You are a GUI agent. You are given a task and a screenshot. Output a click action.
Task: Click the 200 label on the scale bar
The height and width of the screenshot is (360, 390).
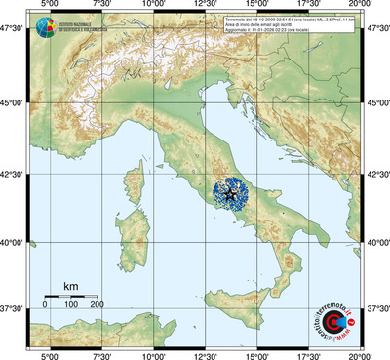(97, 305)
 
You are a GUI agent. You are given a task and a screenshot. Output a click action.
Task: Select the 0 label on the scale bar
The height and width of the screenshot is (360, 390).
(45, 305)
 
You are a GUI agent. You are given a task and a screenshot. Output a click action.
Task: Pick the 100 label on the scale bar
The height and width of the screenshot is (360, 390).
(70, 305)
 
